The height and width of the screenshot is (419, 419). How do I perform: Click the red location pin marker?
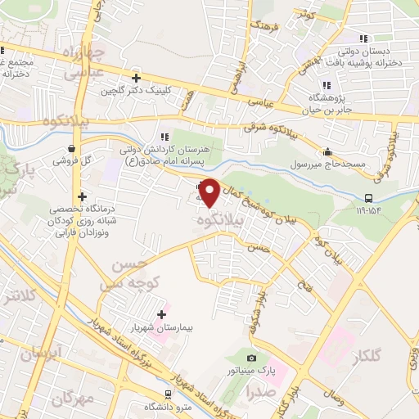click(209, 193)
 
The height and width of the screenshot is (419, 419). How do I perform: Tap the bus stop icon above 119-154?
click(368, 197)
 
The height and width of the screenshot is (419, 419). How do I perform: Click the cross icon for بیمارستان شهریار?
click(161, 313)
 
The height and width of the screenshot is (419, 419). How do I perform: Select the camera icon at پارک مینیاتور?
click(251, 358)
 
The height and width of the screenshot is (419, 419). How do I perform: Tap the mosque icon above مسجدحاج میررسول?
click(327, 151)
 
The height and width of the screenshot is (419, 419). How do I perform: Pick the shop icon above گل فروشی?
click(73, 149)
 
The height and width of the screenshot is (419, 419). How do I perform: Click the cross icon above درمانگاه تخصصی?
click(82, 196)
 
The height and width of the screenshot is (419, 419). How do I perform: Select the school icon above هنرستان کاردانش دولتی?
click(164, 137)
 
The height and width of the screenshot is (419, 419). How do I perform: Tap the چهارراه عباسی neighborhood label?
click(88, 64)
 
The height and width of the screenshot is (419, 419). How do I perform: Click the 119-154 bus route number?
click(368, 209)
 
